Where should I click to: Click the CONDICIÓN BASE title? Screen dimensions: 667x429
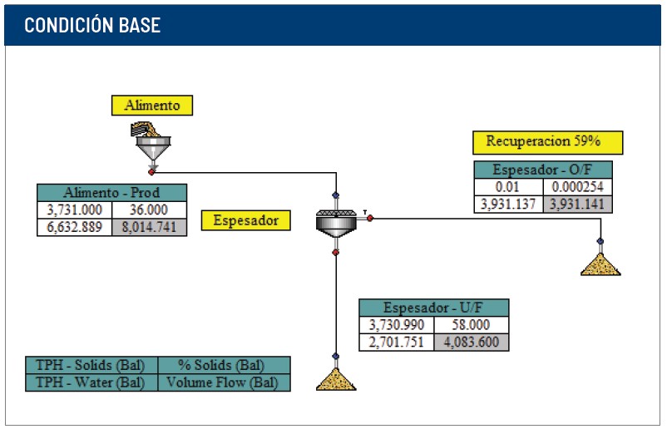(x=92, y=25)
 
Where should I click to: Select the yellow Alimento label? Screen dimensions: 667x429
(x=152, y=106)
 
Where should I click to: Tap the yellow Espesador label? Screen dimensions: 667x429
(x=246, y=220)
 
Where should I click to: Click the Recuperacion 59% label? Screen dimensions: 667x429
(x=547, y=142)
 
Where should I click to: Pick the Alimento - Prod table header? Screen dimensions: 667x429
(x=112, y=193)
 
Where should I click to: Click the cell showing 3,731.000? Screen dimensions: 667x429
(x=75, y=210)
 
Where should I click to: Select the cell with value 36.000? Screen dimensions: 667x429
(x=150, y=210)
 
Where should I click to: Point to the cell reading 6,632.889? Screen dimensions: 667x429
(x=75, y=227)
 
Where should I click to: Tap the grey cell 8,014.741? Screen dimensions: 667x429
(x=150, y=227)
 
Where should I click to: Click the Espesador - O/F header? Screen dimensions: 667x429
(x=543, y=170)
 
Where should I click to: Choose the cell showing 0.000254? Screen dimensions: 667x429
(x=578, y=187)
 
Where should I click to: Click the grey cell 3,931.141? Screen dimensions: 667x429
(x=578, y=204)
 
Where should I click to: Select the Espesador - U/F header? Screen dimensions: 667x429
(x=434, y=308)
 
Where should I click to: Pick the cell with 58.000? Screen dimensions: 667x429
(x=472, y=325)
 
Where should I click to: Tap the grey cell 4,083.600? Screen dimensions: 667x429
(x=472, y=343)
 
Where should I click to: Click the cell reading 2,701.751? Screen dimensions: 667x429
(x=397, y=343)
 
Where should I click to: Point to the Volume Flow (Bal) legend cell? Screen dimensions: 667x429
(x=225, y=382)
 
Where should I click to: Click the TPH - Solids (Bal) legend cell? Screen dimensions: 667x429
(x=91, y=365)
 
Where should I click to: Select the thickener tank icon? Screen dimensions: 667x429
(x=337, y=223)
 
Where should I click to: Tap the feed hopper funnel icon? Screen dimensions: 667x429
(x=152, y=144)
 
